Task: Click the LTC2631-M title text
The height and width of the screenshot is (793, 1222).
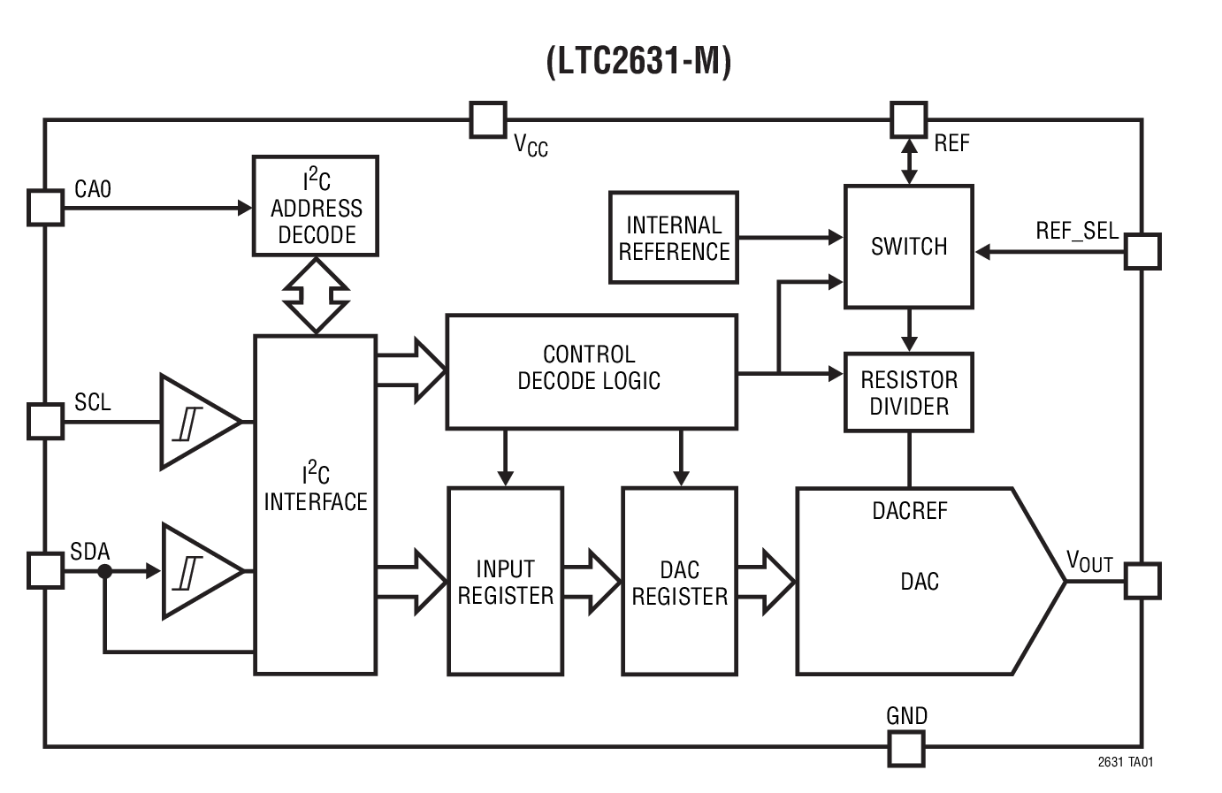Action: coord(638,62)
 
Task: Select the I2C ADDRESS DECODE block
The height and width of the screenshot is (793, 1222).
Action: coord(316,207)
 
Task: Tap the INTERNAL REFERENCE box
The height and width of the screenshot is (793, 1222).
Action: coord(674,238)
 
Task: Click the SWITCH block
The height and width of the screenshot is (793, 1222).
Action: coord(909,247)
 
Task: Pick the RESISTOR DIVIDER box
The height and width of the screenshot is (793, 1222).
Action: coord(909,393)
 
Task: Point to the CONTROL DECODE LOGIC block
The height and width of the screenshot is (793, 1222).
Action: coord(591,372)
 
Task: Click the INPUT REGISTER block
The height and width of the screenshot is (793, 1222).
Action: coord(505,582)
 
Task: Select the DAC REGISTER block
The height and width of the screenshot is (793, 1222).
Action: coord(679,582)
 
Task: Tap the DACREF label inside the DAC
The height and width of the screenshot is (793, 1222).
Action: coord(909,511)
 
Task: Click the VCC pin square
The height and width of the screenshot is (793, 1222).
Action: coord(487,120)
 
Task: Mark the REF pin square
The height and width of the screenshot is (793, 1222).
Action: coord(908,120)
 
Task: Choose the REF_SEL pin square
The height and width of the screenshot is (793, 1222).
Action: coord(1142,252)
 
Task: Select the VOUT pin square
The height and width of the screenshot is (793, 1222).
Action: coord(1142,582)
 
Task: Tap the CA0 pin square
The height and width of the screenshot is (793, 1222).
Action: coord(45,208)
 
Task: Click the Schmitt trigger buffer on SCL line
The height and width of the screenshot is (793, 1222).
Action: coord(196,422)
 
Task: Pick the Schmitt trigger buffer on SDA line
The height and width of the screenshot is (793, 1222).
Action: coord(198,571)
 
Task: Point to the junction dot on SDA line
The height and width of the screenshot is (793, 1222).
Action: coord(105,572)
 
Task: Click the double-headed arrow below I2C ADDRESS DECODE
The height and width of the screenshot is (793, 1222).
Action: coord(316,295)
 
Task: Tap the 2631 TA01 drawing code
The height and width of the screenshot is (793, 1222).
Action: coord(1125,762)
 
